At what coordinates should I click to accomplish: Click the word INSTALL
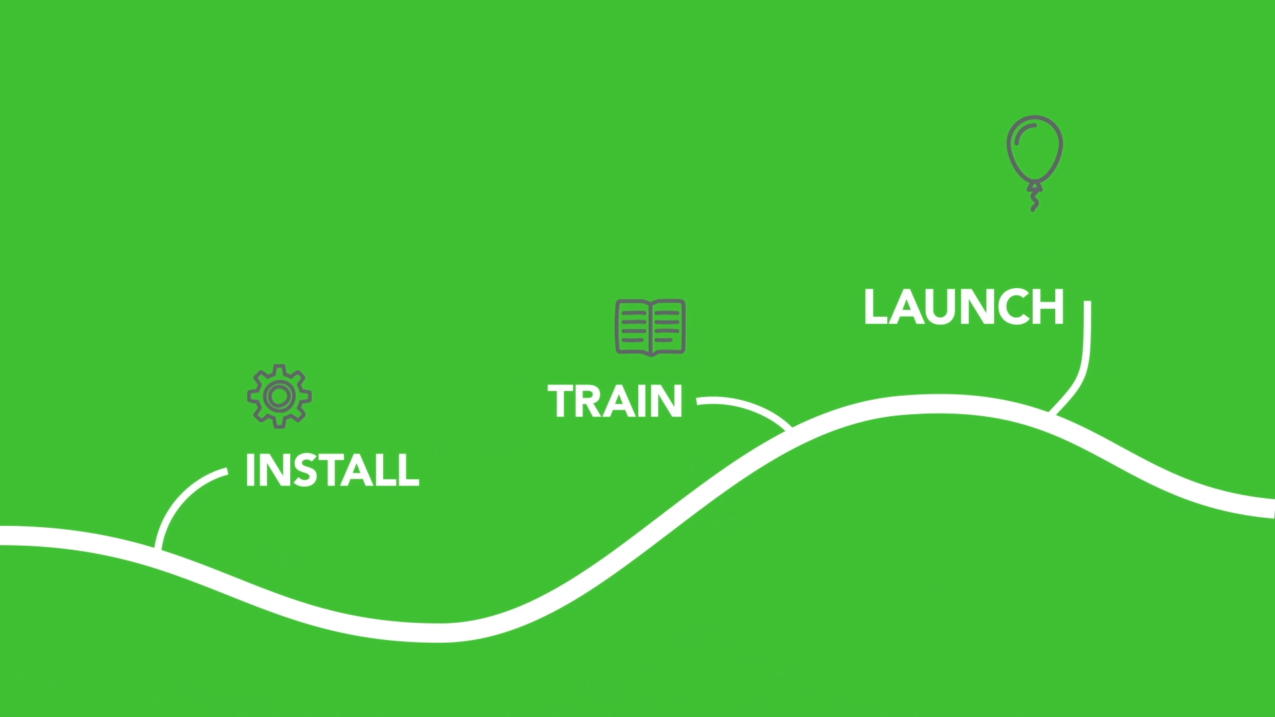pos(332,470)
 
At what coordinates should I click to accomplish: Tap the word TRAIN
pos(616,401)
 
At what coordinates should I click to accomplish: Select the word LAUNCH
pos(964,307)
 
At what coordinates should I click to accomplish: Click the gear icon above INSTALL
pos(279,396)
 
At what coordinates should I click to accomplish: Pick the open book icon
pos(650,327)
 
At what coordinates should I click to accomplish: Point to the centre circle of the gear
pos(279,396)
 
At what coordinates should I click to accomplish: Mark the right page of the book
pos(667,327)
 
